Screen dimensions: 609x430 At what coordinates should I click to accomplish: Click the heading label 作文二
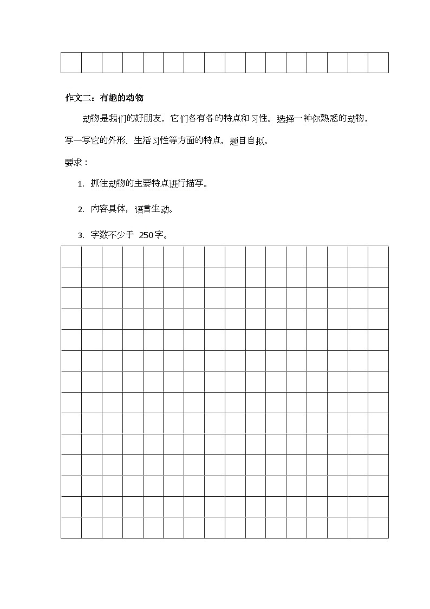click(x=77, y=98)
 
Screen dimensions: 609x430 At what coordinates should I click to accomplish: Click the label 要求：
click(x=76, y=162)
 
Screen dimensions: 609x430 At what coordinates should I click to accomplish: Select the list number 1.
click(x=80, y=184)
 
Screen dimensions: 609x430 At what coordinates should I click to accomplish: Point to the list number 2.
click(x=80, y=209)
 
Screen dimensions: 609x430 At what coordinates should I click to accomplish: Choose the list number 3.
click(x=80, y=235)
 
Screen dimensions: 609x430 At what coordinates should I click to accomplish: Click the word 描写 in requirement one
click(x=196, y=184)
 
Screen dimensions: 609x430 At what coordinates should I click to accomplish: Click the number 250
click(x=146, y=235)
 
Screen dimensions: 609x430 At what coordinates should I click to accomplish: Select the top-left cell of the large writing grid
click(x=71, y=257)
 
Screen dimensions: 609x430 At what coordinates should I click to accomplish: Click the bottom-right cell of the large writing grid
click(x=378, y=528)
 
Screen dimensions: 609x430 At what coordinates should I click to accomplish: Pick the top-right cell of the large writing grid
click(x=378, y=257)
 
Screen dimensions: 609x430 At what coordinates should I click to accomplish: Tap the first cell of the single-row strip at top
click(x=71, y=62)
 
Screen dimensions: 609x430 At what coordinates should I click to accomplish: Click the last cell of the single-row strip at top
click(x=378, y=62)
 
